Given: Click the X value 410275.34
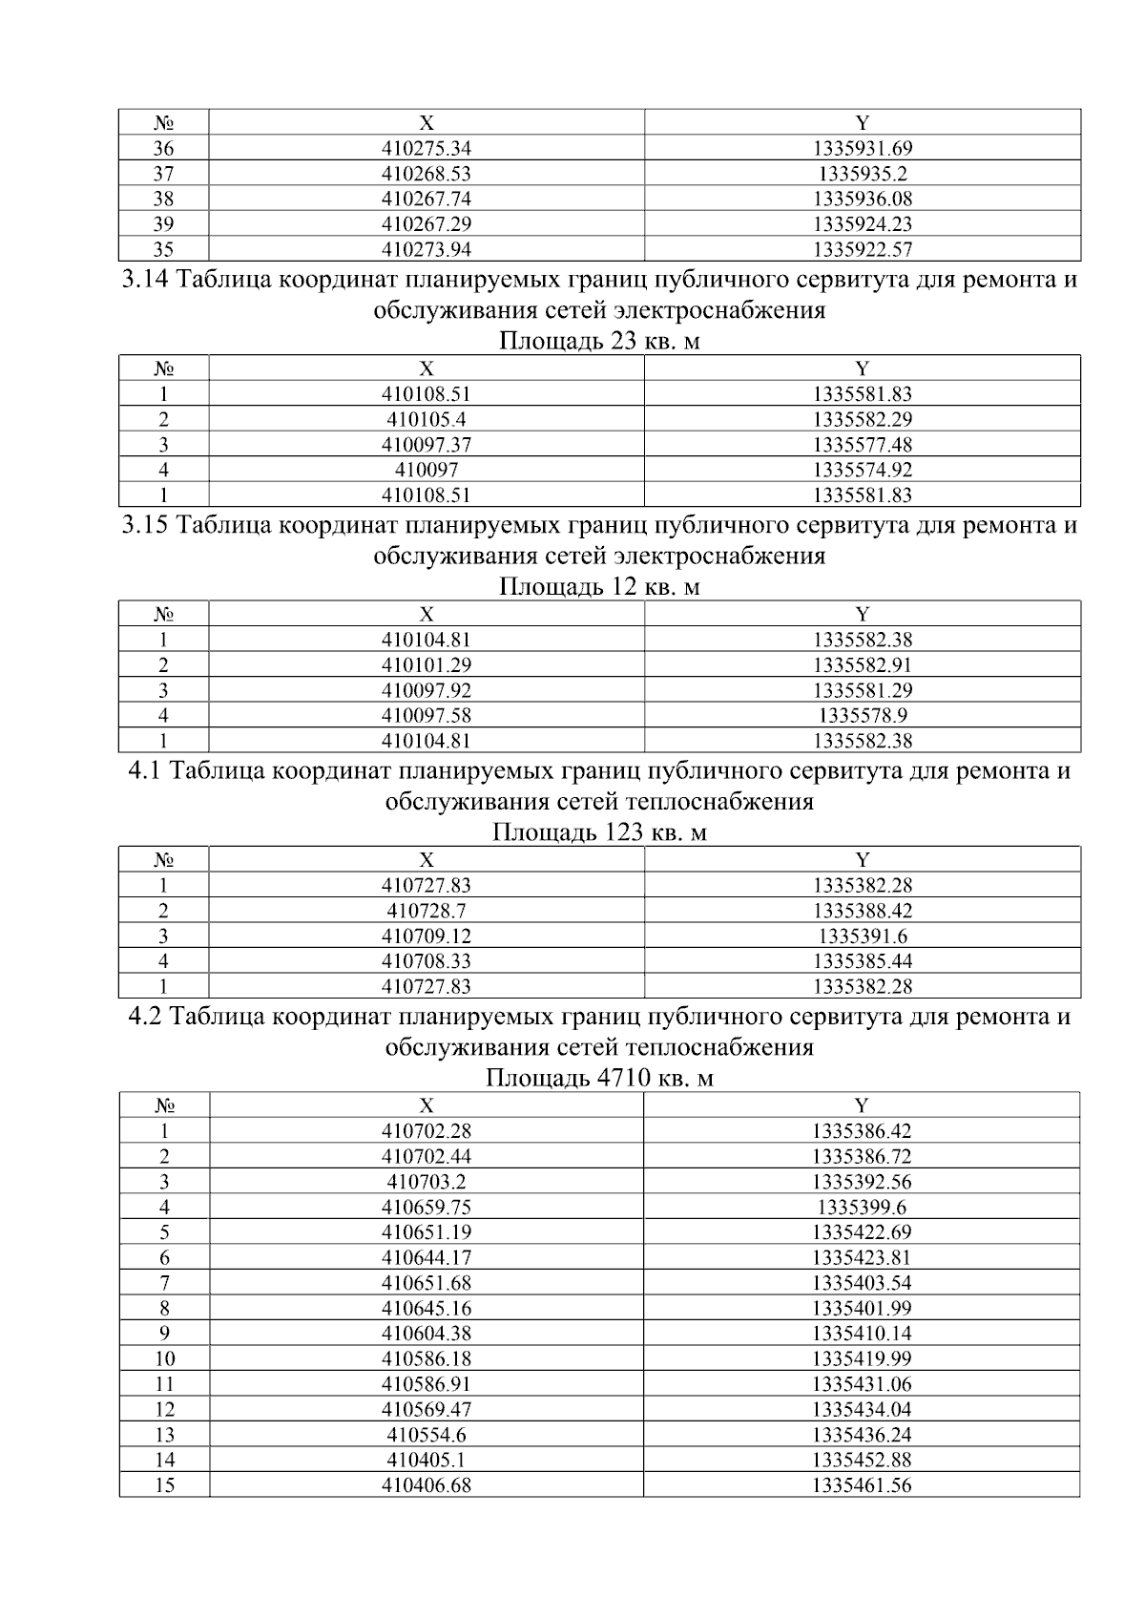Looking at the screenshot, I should (x=427, y=148).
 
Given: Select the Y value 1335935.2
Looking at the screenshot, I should (x=862, y=174).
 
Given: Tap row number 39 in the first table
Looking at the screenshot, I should (x=163, y=224).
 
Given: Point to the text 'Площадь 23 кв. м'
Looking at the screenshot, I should (x=599, y=342).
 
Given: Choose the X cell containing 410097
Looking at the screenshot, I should (x=427, y=470).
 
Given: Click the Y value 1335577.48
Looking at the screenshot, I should (x=862, y=445).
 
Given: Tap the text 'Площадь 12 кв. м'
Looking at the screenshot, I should (x=599, y=587).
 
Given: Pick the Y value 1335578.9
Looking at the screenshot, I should (x=862, y=716).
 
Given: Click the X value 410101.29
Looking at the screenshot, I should (x=427, y=665).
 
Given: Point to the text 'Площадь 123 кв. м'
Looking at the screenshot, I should (x=599, y=832).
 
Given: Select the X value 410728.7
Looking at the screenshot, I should (x=427, y=911).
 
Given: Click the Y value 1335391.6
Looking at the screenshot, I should (x=862, y=936).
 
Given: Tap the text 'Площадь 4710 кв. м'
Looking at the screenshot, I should (x=599, y=1079).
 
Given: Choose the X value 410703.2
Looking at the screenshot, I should (x=427, y=1182).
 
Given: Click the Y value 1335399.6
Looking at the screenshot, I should (x=862, y=1208).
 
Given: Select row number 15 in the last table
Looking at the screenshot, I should (x=164, y=1485).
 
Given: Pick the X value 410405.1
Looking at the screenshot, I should (x=427, y=1460).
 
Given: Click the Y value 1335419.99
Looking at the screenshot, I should (x=862, y=1358).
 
